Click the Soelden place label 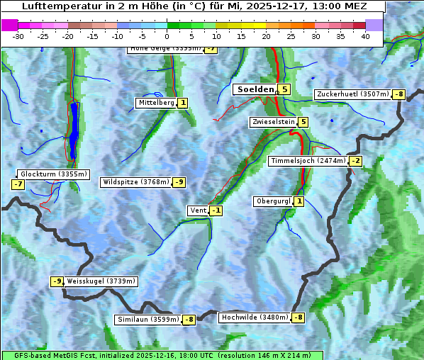[254, 89]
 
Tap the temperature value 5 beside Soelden [284, 89]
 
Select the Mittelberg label [156, 103]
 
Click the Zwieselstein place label [273, 122]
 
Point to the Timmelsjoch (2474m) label [308, 161]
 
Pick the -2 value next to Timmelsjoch [355, 161]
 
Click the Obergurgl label [273, 201]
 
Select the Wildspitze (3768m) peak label [136, 182]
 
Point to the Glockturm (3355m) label [53, 174]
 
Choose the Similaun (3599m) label [147, 320]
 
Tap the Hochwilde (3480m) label [254, 317]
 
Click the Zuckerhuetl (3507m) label [352, 94]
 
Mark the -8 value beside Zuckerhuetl [398, 94]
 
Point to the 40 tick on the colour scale [365, 35]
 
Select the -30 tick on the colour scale [18, 35]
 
